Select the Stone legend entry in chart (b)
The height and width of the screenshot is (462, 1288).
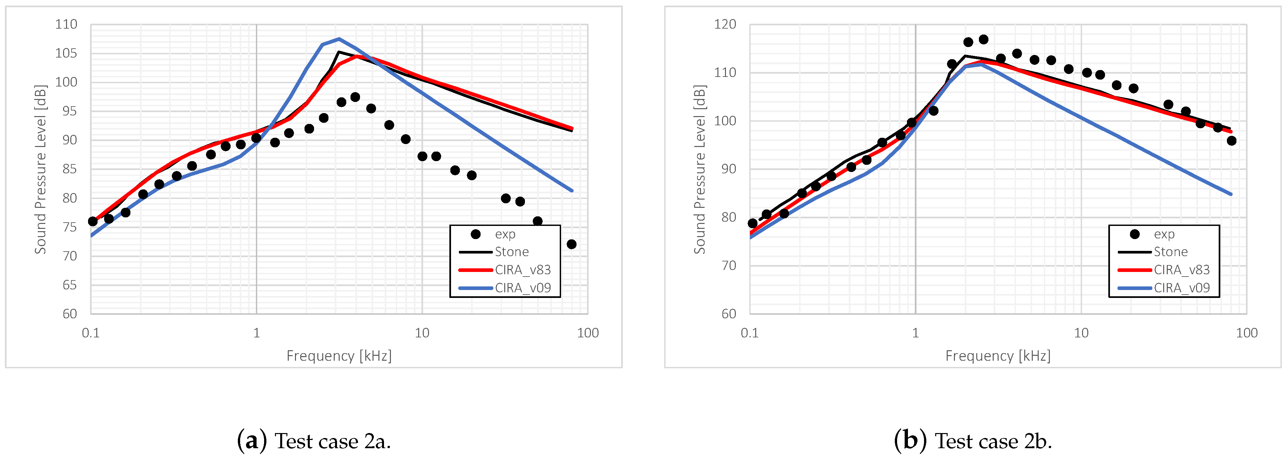[1170, 252]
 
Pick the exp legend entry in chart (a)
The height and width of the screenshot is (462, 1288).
[505, 234]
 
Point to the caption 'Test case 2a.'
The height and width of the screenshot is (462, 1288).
[314, 441]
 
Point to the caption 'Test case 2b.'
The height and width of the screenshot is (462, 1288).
[973, 441]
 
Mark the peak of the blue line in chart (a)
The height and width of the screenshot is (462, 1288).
[339, 38]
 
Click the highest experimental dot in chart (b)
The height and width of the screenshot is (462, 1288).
[983, 39]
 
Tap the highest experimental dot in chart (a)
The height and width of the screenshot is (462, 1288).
[355, 97]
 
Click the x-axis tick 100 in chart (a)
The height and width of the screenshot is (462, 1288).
[587, 333]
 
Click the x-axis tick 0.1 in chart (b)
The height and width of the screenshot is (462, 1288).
[750, 333]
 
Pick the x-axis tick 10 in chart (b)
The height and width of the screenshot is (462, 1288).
[1081, 333]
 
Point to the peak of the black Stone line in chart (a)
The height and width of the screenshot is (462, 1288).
[338, 52]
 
